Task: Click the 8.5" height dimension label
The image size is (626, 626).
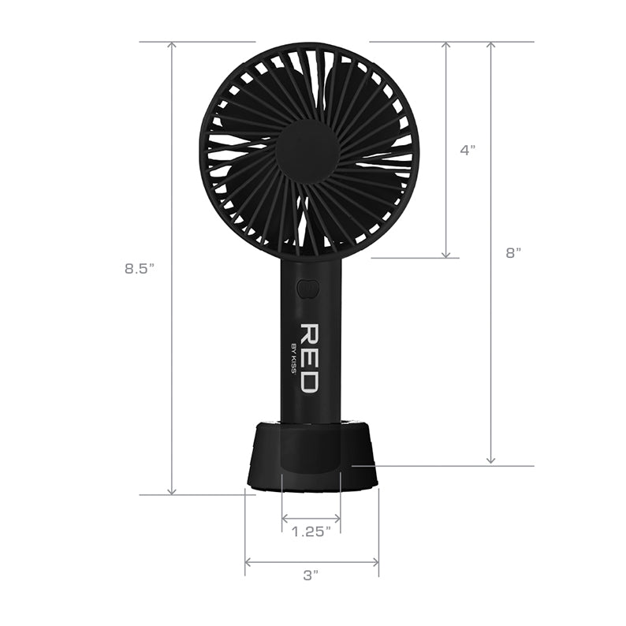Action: (138, 268)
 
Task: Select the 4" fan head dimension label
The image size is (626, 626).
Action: (468, 149)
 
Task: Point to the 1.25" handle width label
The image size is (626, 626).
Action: (310, 531)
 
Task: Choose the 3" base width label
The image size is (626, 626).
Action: (310, 576)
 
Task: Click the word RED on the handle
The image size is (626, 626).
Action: (308, 357)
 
